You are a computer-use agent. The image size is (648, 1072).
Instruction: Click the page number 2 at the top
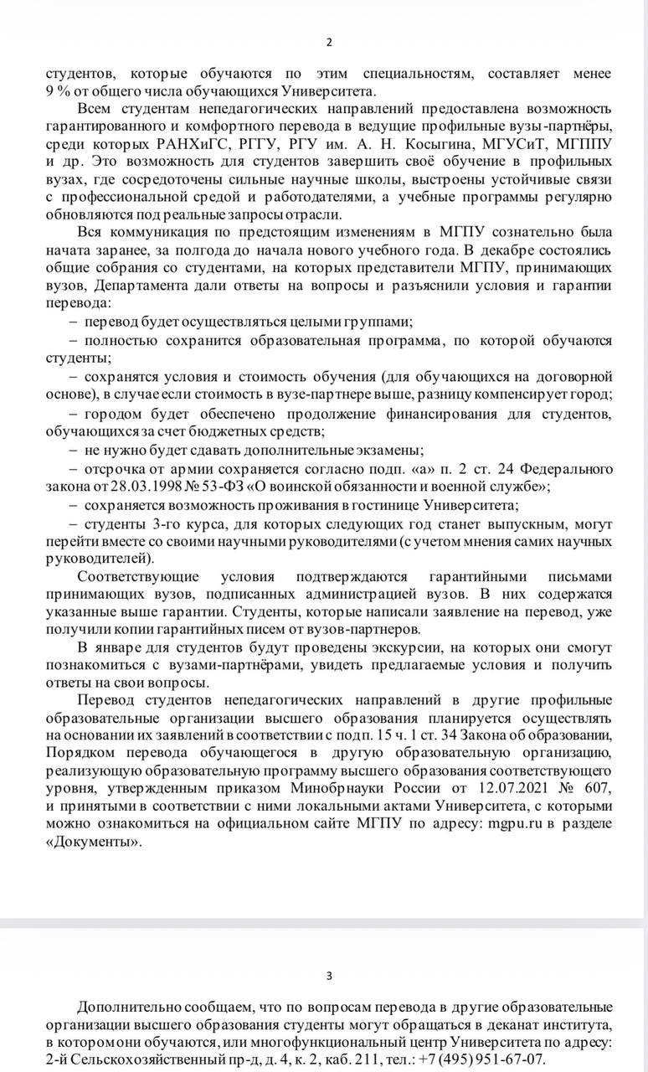pyautogui.click(x=328, y=43)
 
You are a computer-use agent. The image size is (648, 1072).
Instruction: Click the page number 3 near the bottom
pyautogui.click(x=328, y=975)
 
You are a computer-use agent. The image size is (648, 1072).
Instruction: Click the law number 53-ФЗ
pyautogui.click(x=220, y=486)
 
